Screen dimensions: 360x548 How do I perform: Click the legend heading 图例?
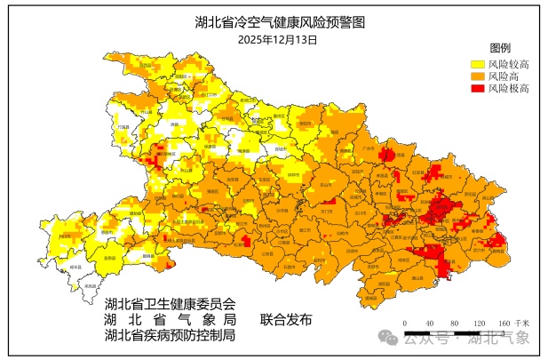tap(498, 47)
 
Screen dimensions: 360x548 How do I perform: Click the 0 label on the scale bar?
tap(404, 323)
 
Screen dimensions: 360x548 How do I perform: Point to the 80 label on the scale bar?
tap(454, 323)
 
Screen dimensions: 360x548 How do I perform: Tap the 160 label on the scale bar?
tap(503, 323)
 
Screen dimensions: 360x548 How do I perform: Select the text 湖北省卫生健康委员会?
tap(170, 303)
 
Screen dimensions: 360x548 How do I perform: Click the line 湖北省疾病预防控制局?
tap(170, 335)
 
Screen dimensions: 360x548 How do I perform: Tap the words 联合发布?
tap(286, 319)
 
